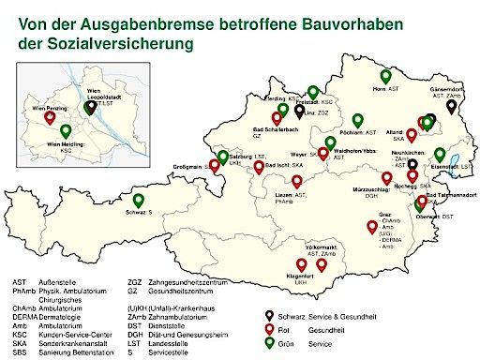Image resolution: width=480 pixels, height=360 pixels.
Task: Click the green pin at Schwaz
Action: point(139,199)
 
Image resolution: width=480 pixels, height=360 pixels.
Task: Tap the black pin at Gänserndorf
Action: point(452,107)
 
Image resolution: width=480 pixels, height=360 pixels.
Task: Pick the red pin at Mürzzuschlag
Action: point(387,178)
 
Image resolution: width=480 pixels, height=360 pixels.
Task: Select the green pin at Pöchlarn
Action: point(356,121)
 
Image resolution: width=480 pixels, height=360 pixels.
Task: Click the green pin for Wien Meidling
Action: point(66,130)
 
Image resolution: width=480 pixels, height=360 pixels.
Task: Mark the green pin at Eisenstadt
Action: point(440,155)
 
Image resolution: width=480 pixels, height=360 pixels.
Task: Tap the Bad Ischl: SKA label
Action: point(282,164)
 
